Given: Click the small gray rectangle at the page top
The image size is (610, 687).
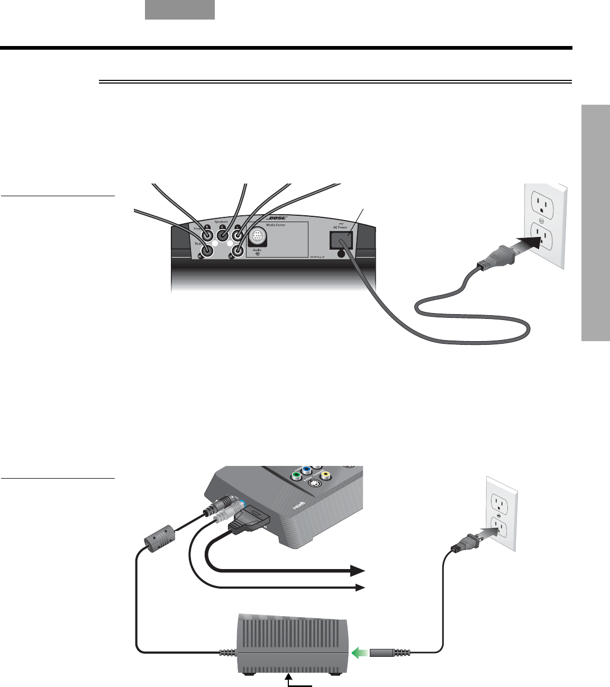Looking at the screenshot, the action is [x=180, y=10].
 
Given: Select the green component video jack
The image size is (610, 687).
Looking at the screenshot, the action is [x=297, y=475].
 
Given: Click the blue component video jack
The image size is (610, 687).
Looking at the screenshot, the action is [x=306, y=469].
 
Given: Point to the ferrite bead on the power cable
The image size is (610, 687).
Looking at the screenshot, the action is [x=159, y=538].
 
